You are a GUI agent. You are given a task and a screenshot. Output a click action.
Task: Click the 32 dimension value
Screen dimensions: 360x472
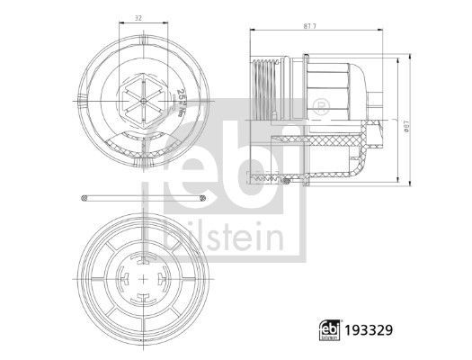pos(137,16)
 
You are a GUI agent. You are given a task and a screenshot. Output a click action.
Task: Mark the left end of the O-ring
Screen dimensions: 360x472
pos(83,198)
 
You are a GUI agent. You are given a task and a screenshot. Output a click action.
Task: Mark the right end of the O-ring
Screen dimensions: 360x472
pos(205,198)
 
